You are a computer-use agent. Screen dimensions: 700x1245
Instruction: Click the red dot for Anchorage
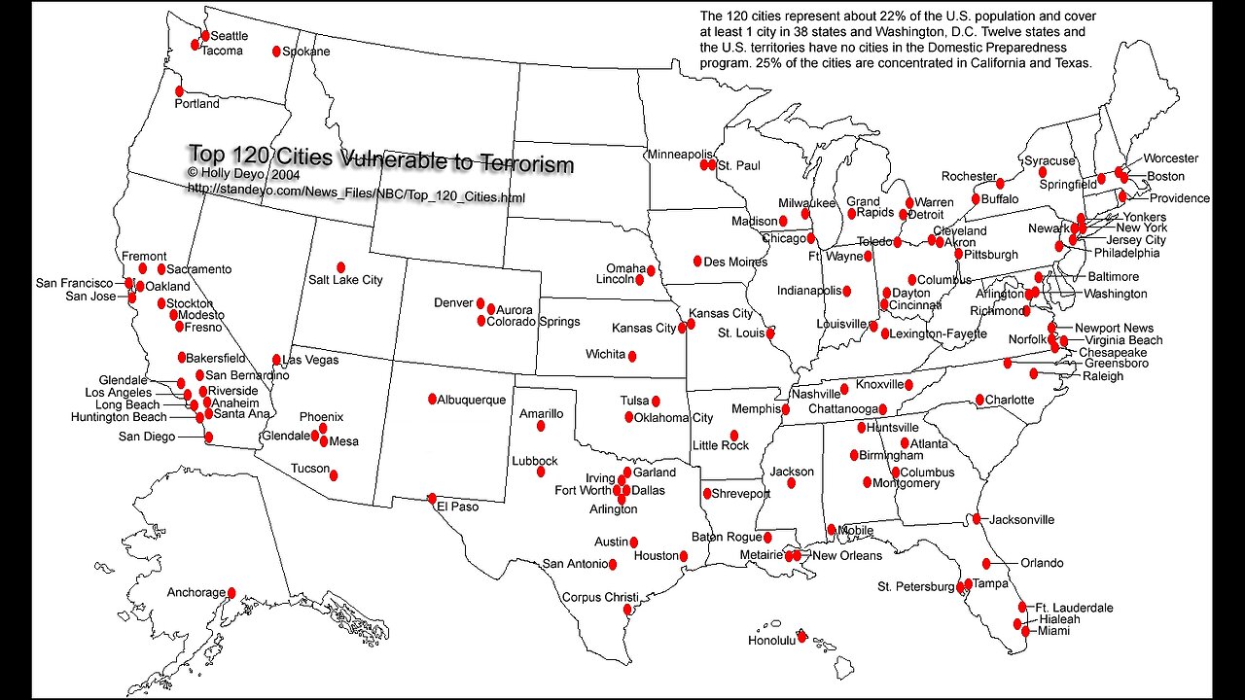pyautogui.click(x=231, y=592)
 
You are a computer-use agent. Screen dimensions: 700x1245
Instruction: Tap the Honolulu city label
pyautogui.click(x=771, y=641)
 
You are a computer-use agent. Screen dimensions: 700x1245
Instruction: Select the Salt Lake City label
pyautogui.click(x=345, y=280)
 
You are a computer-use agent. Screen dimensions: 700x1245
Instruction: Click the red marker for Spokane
pyautogui.click(x=276, y=52)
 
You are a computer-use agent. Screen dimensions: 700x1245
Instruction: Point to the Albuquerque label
pyautogui.click(x=472, y=400)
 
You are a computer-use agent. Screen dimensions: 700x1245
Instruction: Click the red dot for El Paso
pyautogui.click(x=432, y=499)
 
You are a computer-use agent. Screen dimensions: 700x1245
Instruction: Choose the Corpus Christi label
pyautogui.click(x=600, y=597)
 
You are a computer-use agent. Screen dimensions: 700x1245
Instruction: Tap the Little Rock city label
pyautogui.click(x=721, y=445)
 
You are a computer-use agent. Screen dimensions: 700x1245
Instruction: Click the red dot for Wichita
pyautogui.click(x=632, y=356)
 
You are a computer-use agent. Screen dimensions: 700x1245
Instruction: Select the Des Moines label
pyautogui.click(x=735, y=262)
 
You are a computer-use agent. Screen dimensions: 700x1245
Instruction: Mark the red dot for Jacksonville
pyautogui.click(x=976, y=519)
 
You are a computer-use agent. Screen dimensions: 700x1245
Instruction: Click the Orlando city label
pyautogui.click(x=1042, y=563)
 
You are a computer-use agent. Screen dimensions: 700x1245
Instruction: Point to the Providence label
pyautogui.click(x=1180, y=198)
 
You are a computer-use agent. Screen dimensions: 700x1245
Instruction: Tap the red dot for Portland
pyautogui.click(x=179, y=90)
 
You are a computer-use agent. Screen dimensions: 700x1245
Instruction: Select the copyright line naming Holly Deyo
pyautogui.click(x=243, y=173)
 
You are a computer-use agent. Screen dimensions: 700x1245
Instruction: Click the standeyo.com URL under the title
pyautogui.click(x=356, y=197)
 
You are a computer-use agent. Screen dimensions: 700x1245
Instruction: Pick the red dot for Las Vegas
pyautogui.click(x=276, y=360)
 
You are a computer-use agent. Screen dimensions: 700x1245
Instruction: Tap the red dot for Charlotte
pyautogui.click(x=979, y=400)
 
